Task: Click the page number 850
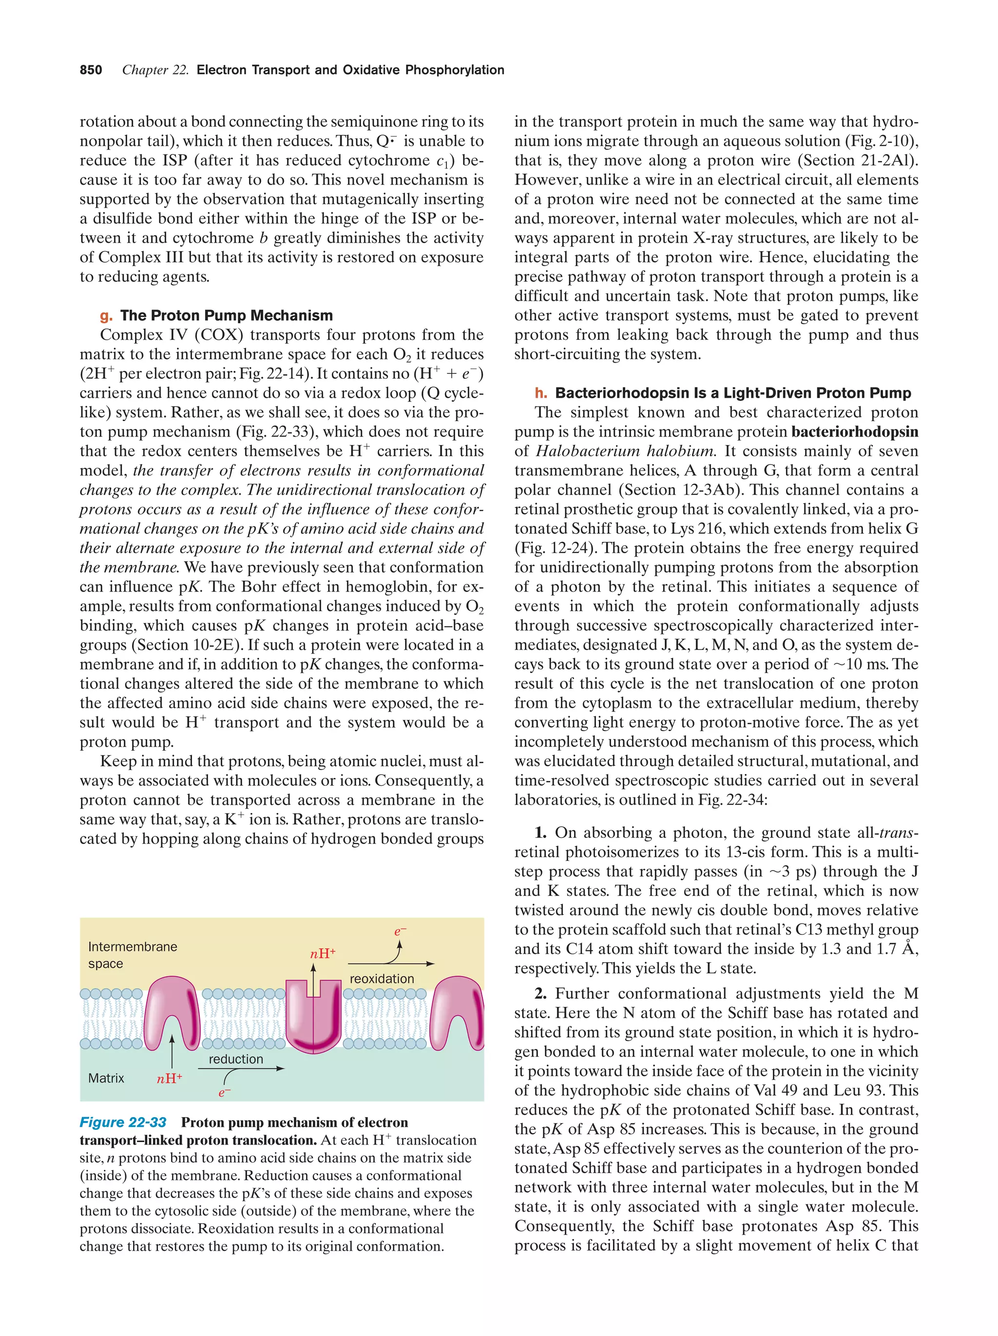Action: (91, 70)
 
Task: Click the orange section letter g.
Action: (106, 316)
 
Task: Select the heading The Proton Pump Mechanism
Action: (227, 315)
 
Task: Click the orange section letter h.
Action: (541, 393)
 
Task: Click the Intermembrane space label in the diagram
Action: (132, 955)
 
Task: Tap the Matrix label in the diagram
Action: (106, 1078)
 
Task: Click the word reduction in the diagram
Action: (235, 1059)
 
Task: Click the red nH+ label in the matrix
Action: (169, 1079)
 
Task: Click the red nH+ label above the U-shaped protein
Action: (323, 954)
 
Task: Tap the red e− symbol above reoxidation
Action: (400, 931)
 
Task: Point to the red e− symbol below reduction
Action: (224, 1093)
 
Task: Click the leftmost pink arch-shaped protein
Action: (173, 1008)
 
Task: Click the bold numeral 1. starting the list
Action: (540, 833)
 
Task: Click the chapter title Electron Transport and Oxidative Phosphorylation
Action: (350, 70)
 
